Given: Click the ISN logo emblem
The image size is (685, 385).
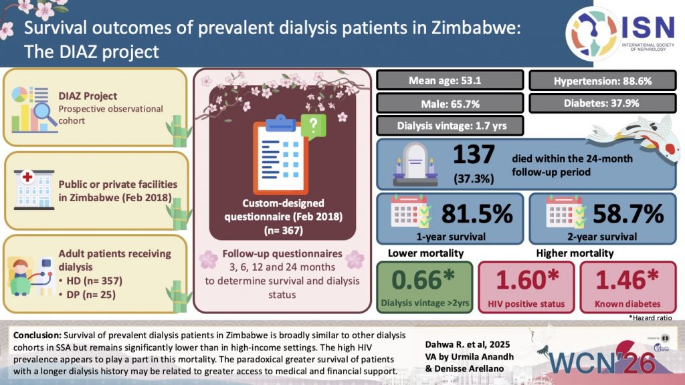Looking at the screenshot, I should [591, 33].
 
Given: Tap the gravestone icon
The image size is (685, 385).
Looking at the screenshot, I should [415, 164].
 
